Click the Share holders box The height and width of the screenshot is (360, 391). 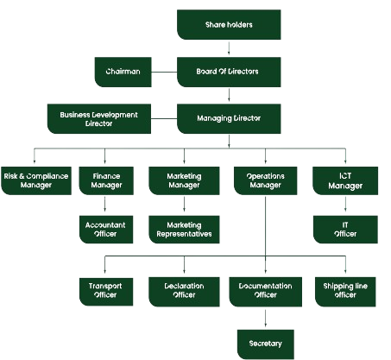coord(229,25)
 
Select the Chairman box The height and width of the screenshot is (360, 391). coord(123,72)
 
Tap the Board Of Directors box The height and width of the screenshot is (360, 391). coord(229,72)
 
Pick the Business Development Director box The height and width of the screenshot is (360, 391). coord(99,119)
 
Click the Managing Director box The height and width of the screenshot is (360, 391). coord(229,119)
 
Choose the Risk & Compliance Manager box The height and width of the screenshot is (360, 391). coord(36,180)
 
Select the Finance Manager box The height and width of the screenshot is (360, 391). coord(106,180)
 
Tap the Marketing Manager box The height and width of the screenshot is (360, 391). coord(184,180)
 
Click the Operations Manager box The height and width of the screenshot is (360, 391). coord(265,180)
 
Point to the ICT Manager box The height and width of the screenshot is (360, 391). coord(345,180)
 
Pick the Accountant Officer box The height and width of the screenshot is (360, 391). coord(106,230)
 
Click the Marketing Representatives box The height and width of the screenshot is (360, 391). coord(184,230)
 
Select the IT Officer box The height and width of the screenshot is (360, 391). coord(345,230)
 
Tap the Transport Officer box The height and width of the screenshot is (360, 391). coord(106,292)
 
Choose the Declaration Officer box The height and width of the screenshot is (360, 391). coord(184,292)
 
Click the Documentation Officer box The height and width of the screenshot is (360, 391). coord(265,292)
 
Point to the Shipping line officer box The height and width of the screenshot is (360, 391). coord(345,292)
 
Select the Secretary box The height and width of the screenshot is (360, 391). coord(266,344)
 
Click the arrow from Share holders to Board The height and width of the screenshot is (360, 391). coord(229,48)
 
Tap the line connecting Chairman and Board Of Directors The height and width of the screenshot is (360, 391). coord(164,72)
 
